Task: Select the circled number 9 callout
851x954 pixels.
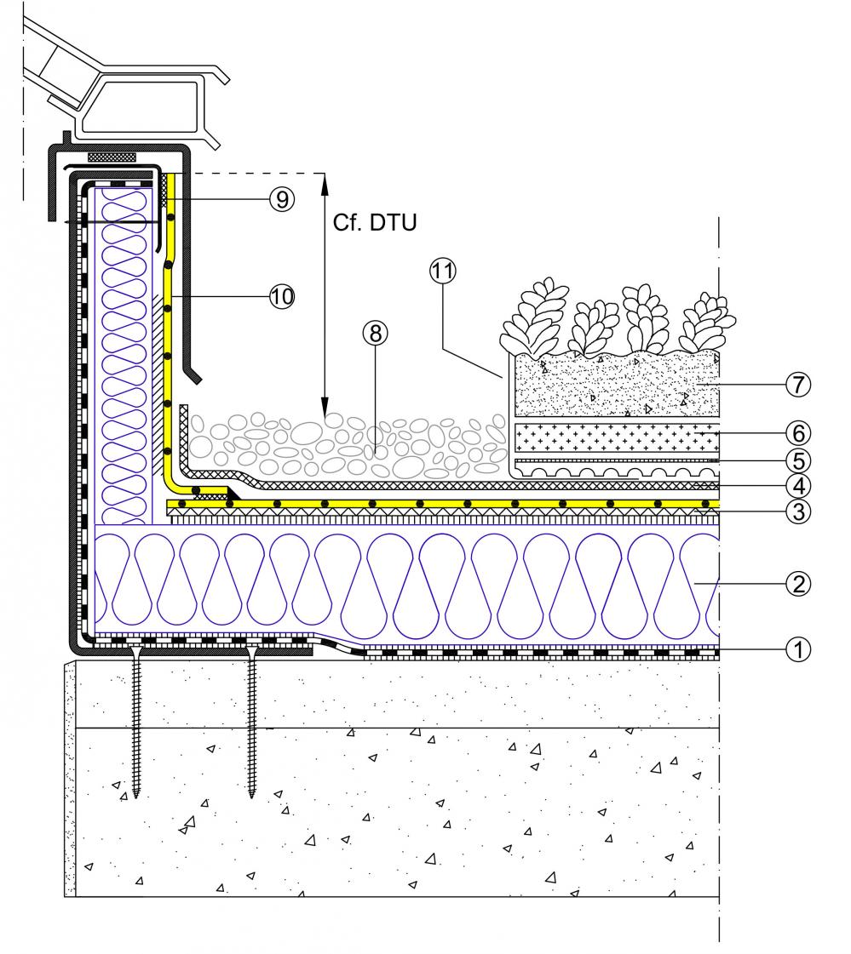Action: click(280, 198)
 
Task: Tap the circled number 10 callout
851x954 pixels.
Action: click(281, 295)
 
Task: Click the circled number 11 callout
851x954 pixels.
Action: click(442, 271)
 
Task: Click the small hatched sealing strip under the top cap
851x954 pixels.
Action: click(112, 157)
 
